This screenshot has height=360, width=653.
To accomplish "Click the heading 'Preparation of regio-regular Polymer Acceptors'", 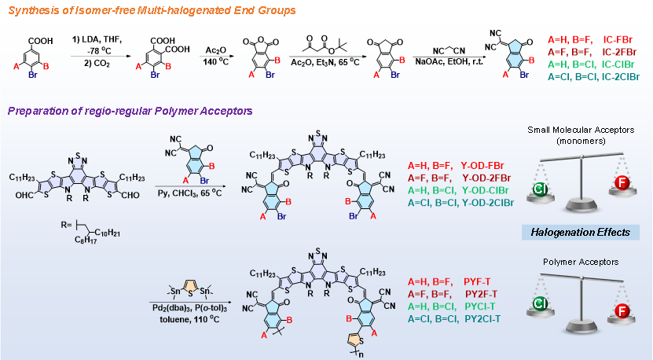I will pyautogui.click(x=130, y=112).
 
